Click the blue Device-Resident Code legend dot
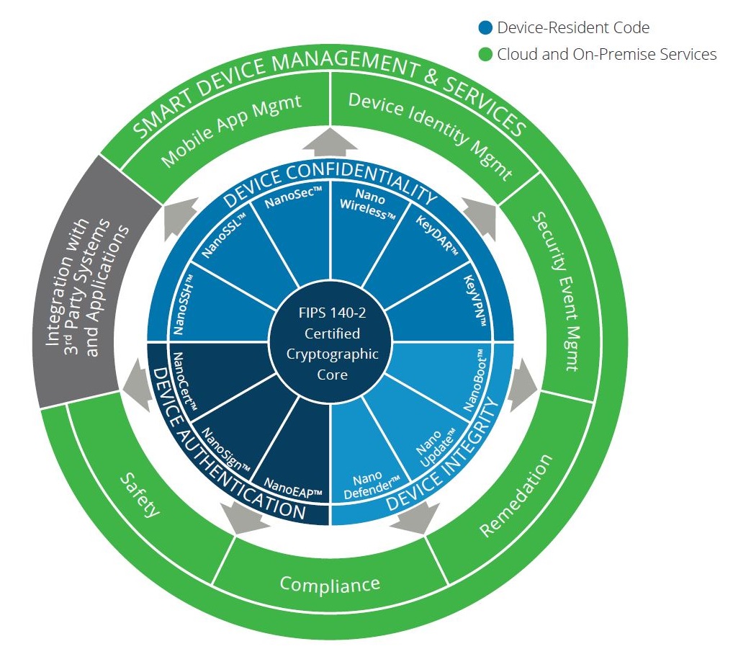click(486, 29)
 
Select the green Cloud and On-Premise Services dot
click(486, 54)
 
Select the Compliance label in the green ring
click(330, 583)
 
